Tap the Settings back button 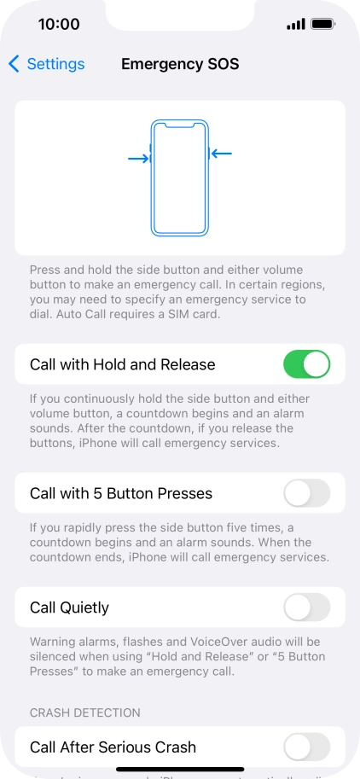tap(47, 64)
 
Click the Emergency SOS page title tap(180, 64)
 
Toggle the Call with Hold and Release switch tap(306, 364)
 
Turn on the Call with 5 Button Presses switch tap(306, 493)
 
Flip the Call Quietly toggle tap(306, 608)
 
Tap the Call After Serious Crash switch tap(306, 747)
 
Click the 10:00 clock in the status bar tap(59, 24)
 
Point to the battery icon tap(322, 24)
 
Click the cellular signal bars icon tap(296, 24)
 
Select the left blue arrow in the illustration tap(137, 159)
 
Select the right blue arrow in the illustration tap(222, 154)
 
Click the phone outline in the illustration tap(179, 177)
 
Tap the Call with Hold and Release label tap(122, 364)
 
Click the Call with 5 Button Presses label tap(121, 493)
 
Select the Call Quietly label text tap(69, 608)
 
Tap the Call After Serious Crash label tap(113, 747)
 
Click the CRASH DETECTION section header tap(85, 712)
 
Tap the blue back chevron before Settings tap(14, 64)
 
